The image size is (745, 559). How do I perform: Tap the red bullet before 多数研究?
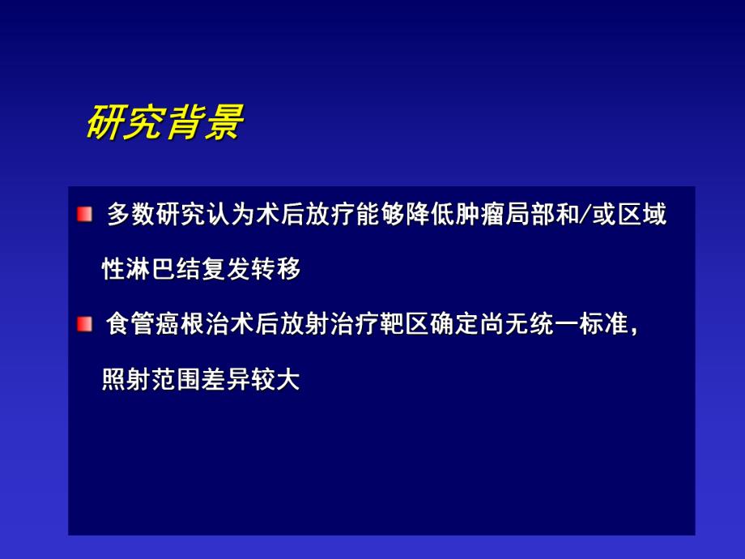[85, 215]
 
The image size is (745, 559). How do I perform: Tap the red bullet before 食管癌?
[85, 324]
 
